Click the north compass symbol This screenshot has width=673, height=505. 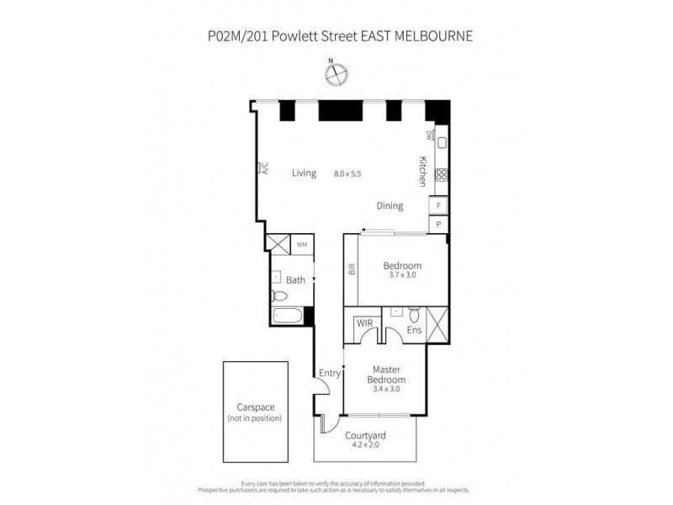click(x=336, y=74)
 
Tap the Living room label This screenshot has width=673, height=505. click(x=304, y=173)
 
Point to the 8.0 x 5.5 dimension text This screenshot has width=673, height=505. click(x=347, y=173)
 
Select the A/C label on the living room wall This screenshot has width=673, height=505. click(x=264, y=168)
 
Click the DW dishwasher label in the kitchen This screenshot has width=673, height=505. click(x=428, y=136)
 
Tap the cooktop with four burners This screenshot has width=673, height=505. click(x=441, y=175)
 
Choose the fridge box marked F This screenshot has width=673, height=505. click(x=438, y=205)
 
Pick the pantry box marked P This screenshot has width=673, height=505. click(x=438, y=224)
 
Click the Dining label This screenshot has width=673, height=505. click(x=389, y=205)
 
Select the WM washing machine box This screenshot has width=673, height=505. click(x=302, y=245)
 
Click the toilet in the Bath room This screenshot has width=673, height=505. click(x=280, y=295)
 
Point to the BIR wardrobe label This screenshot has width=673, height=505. click(x=352, y=269)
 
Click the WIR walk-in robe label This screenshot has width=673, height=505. click(x=364, y=322)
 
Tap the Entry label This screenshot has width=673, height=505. click(x=327, y=374)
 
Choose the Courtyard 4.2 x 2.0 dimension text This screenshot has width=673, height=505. click(x=366, y=444)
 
